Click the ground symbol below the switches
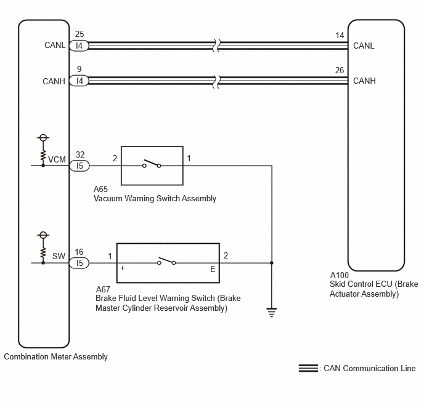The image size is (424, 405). pyautogui.click(x=272, y=312)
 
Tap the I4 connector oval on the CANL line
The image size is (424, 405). pyautogui.click(x=79, y=46)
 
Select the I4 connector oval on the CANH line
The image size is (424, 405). pyautogui.click(x=79, y=81)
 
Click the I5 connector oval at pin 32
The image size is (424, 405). pyautogui.click(x=79, y=166)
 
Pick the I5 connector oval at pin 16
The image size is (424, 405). pyautogui.click(x=79, y=263)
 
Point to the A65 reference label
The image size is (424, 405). pyautogui.click(x=100, y=189)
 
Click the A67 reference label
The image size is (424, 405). pyautogui.click(x=103, y=289)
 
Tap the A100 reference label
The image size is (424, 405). pyautogui.click(x=339, y=275)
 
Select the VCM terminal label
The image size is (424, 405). pyautogui.click(x=57, y=159)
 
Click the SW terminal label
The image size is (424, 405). pyautogui.click(x=59, y=256)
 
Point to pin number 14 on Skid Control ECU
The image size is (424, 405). pyautogui.click(x=340, y=35)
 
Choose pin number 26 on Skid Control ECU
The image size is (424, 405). pyautogui.click(x=340, y=70)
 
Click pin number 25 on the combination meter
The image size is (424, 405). pyautogui.click(x=79, y=34)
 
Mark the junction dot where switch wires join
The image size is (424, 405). pyautogui.click(x=272, y=263)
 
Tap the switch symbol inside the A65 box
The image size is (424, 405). pyautogui.click(x=152, y=163)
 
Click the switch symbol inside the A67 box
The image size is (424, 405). pyautogui.click(x=166, y=260)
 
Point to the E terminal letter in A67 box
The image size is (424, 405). pyautogui.click(x=213, y=269)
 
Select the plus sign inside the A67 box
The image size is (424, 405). pyautogui.click(x=123, y=268)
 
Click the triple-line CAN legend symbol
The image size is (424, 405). pyautogui.click(x=308, y=368)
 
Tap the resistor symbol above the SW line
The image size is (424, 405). pyautogui.click(x=43, y=252)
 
